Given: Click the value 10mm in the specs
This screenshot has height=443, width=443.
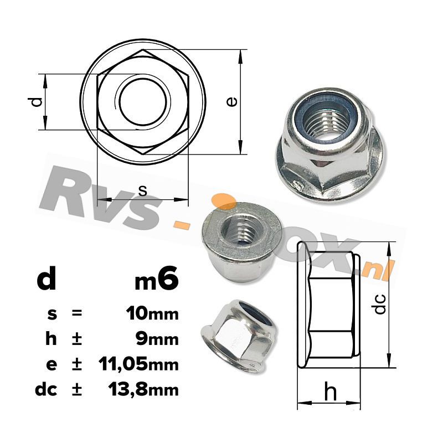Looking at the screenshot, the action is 153,314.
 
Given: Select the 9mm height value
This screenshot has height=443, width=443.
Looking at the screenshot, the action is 157,339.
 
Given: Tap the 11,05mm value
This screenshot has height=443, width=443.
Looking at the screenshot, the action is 139,364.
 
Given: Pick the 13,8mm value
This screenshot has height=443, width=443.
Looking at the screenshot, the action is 143,389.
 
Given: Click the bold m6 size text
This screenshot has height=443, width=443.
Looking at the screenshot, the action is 157,279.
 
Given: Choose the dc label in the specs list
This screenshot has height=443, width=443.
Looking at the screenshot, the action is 46,389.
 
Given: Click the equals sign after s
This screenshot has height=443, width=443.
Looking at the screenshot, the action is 76,313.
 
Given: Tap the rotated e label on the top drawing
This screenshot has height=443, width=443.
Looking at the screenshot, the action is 231,102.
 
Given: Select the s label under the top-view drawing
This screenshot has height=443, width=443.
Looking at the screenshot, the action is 143,190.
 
